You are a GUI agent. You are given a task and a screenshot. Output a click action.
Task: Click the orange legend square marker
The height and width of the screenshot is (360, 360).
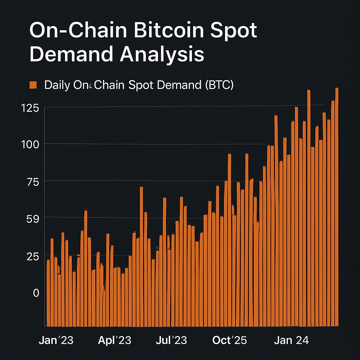[33, 85]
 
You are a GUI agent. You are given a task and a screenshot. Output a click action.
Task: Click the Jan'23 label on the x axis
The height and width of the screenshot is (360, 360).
[56, 340]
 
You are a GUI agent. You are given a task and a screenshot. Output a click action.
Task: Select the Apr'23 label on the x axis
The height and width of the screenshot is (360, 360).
[114, 340]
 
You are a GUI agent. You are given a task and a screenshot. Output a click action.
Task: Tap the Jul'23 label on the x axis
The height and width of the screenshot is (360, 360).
[171, 340]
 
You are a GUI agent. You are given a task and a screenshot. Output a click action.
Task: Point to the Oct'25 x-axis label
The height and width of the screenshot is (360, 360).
[230, 340]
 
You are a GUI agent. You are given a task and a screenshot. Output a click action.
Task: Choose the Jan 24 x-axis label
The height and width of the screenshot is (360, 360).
[291, 340]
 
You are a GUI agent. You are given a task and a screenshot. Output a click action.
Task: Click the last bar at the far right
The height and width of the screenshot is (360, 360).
[336, 211]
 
